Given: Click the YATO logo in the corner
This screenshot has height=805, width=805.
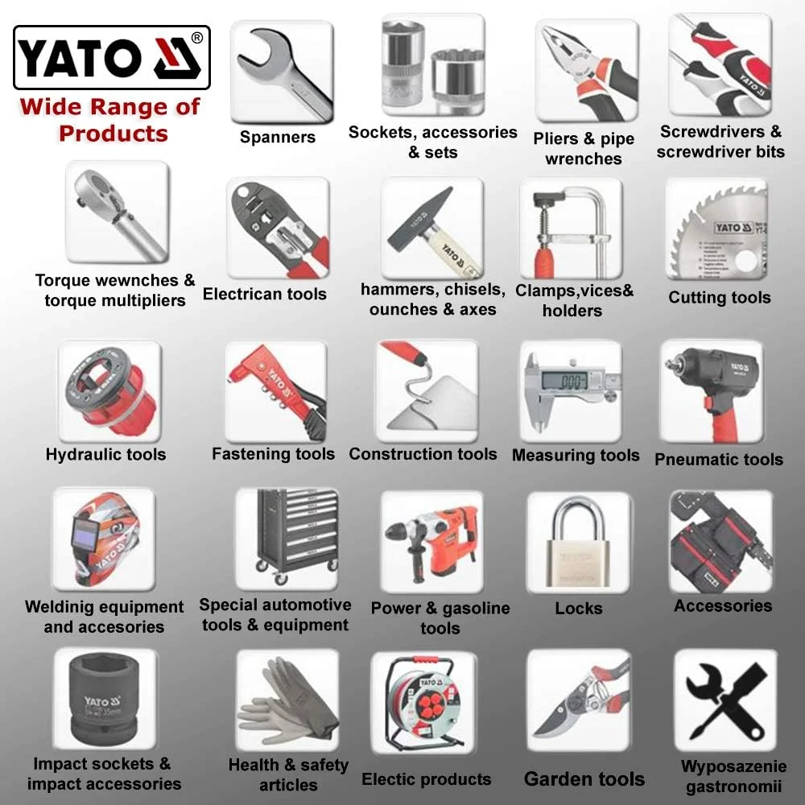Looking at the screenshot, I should click(x=112, y=57).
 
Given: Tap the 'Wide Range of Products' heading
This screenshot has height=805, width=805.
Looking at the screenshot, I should click(x=111, y=119).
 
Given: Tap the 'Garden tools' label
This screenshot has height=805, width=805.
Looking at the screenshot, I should click(x=584, y=778).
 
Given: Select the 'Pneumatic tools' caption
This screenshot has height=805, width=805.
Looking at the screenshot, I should click(x=718, y=459).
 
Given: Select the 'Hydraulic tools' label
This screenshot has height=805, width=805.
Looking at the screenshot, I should click(x=105, y=454).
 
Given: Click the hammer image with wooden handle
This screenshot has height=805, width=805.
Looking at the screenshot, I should click(x=431, y=229).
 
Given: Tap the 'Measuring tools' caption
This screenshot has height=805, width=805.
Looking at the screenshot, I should click(x=576, y=455).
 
